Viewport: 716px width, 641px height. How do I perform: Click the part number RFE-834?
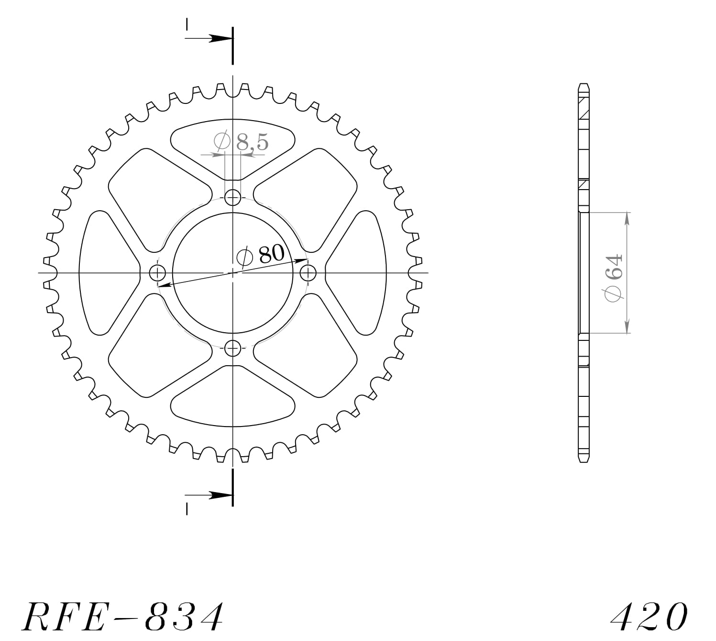point(122,617)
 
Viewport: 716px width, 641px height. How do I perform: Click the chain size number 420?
point(649,617)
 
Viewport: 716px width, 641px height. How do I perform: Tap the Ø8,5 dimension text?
point(242,142)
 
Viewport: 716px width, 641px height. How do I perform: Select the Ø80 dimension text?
point(261,255)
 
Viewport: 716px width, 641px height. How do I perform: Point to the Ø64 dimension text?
point(614,278)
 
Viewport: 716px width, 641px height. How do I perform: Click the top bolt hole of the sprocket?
point(232,197)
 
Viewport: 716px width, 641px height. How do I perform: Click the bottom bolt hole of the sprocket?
point(232,349)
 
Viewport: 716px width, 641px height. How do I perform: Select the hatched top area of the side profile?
point(584,108)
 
